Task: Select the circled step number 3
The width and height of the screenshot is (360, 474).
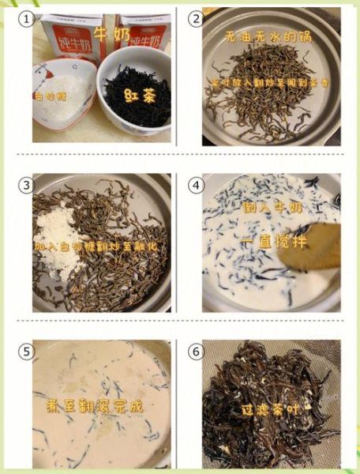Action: point(28,185)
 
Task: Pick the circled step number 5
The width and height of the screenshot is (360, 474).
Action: point(28,351)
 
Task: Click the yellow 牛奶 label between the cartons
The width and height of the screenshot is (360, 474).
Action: point(111,33)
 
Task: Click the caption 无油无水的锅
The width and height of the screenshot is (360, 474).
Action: point(269,37)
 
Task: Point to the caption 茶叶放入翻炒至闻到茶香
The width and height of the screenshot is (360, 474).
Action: point(269,82)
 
